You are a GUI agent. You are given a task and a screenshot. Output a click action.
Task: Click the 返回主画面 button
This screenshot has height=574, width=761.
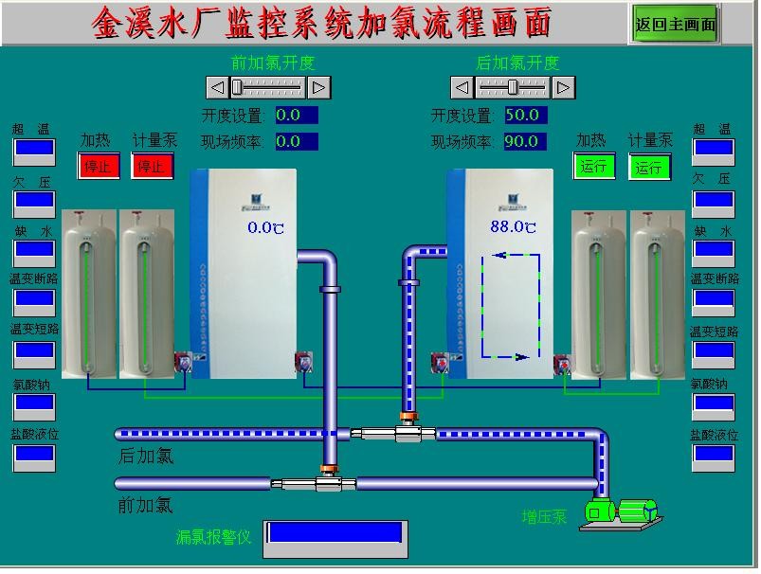coord(675,24)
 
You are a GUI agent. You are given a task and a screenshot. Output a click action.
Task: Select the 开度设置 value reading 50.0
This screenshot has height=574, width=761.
coord(525,116)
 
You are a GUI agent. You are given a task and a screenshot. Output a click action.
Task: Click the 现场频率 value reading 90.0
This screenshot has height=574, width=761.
coord(525,142)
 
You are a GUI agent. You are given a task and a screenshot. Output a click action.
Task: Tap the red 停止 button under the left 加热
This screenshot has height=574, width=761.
coord(98,167)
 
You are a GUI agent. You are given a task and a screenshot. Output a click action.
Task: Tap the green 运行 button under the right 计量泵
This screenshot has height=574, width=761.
coord(649,168)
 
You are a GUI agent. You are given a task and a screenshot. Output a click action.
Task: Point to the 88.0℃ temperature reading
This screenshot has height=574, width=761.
coord(513,226)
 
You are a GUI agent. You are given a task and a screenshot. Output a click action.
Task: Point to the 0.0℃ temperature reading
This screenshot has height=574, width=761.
coord(265,227)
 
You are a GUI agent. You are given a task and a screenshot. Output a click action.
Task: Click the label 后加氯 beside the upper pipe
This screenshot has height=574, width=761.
coord(146,457)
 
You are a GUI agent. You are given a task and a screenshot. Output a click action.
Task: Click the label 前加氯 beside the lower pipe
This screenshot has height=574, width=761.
coord(146,505)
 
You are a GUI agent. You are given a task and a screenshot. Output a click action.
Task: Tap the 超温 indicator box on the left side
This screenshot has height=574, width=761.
coord(33,150)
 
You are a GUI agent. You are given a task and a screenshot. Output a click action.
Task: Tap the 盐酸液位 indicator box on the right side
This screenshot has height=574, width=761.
coord(713,456)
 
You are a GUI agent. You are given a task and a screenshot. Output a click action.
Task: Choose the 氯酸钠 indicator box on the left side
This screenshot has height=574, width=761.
coord(33,404)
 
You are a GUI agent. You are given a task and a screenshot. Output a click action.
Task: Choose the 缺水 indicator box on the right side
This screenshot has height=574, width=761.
coord(713,252)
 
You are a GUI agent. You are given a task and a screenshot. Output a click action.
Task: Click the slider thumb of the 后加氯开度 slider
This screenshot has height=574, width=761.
coord(513,87)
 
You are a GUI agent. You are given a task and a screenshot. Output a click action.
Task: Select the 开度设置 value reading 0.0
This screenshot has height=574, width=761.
coord(297,116)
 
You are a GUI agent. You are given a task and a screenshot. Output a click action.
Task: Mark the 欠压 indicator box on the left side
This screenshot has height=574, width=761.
coord(33,202)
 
